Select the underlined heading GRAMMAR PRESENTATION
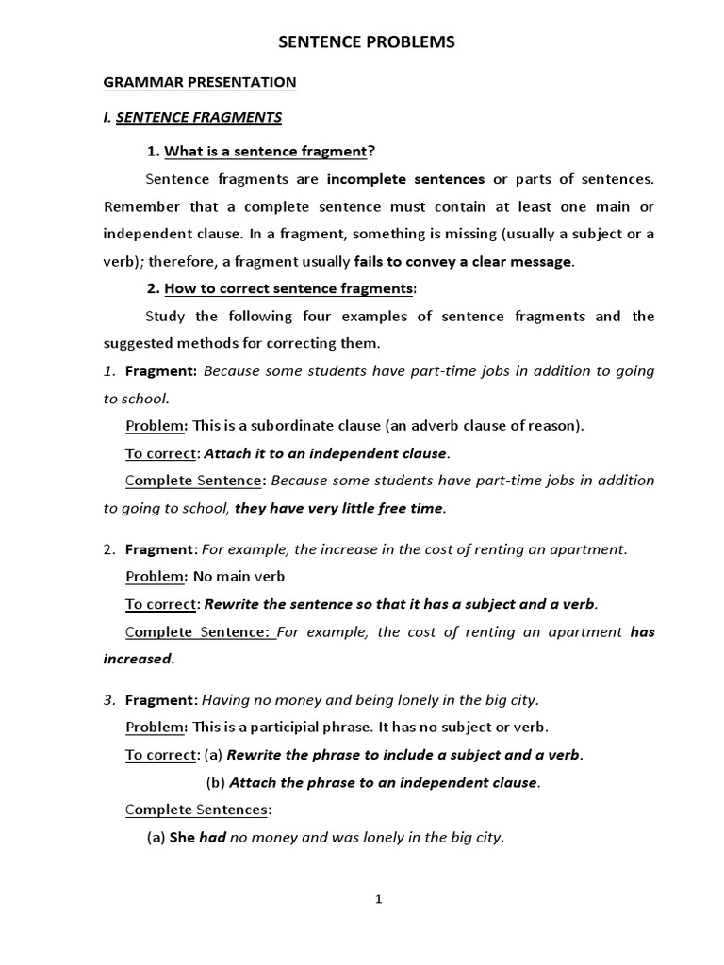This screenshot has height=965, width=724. point(199,83)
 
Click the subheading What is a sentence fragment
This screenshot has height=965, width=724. point(265,152)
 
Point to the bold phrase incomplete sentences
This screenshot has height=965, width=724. point(405,179)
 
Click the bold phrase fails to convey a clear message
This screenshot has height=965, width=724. point(463,261)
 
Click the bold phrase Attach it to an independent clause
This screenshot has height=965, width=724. point(326,453)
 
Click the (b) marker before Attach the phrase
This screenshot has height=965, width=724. point(215,782)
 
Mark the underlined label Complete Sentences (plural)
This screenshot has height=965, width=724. point(197,810)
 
